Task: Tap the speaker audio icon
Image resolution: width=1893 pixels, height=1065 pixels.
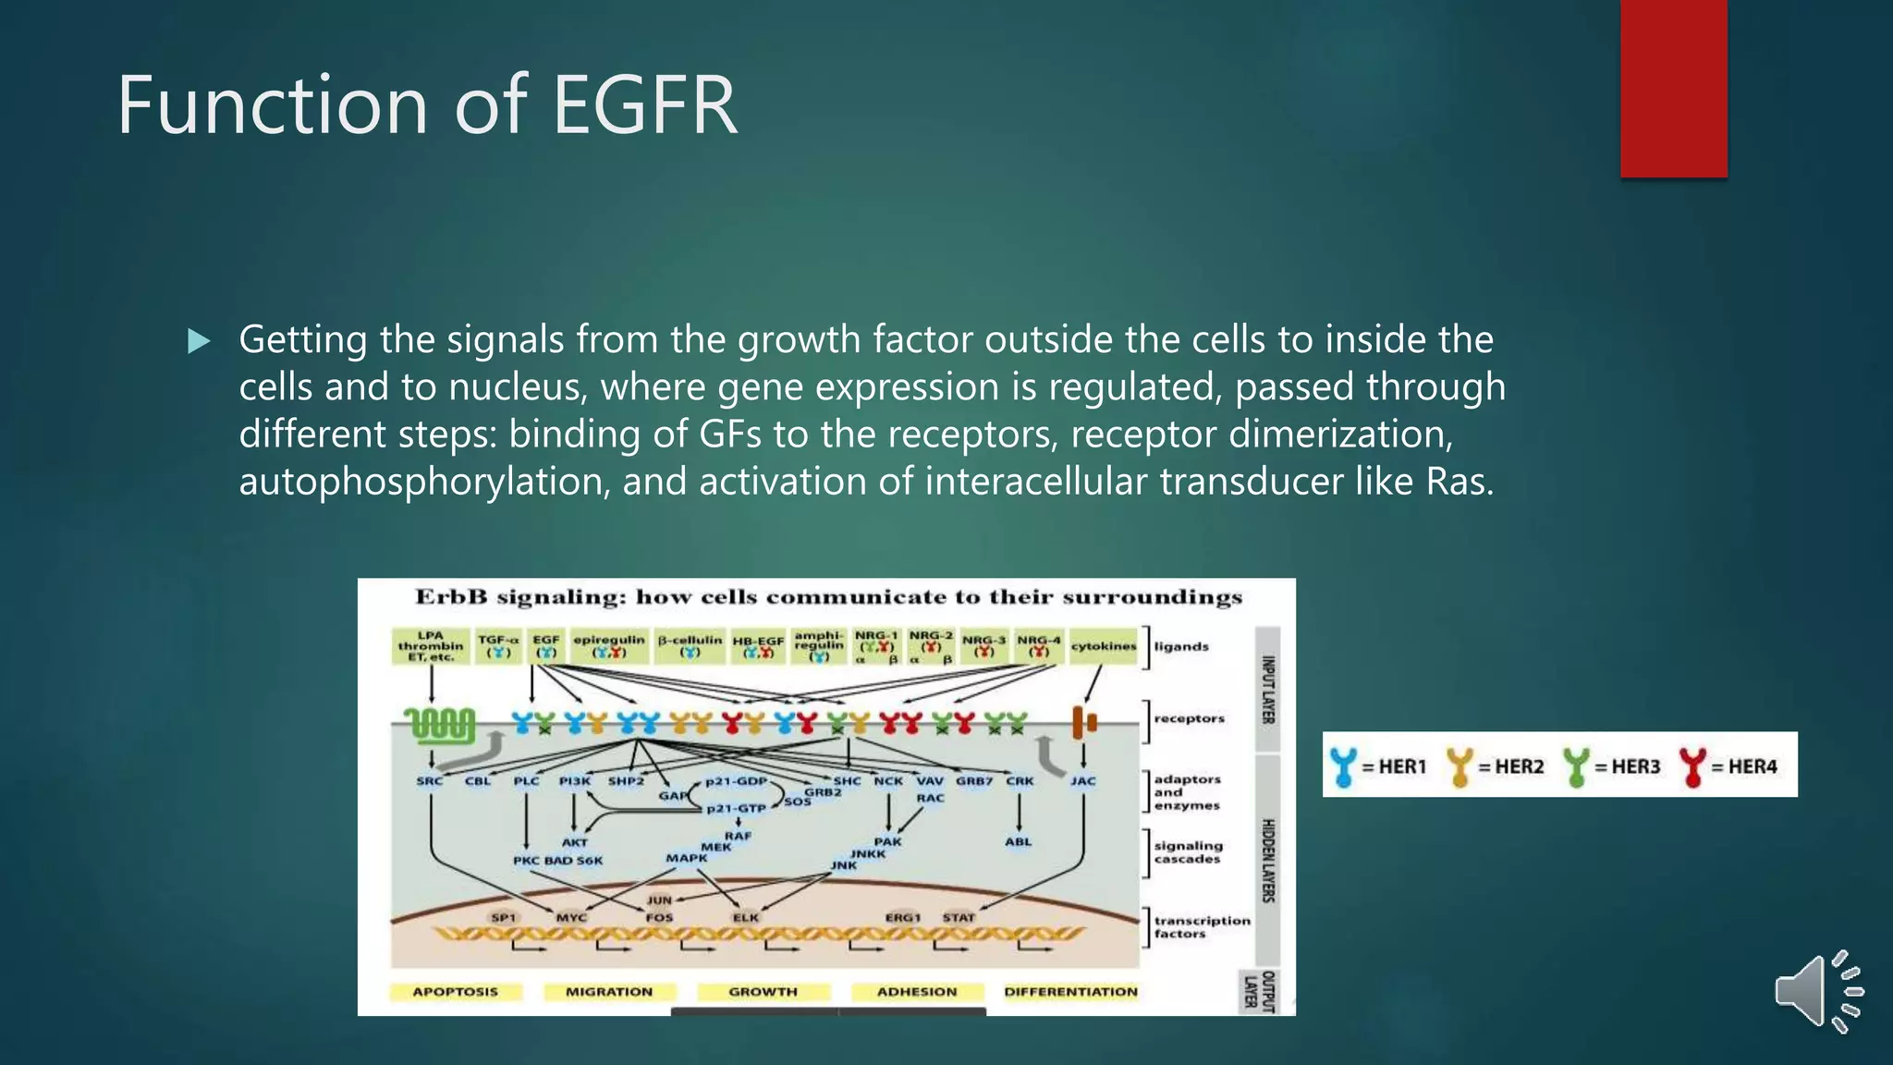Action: pos(1817,991)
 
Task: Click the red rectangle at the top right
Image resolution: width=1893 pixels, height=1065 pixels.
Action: pos(1673,88)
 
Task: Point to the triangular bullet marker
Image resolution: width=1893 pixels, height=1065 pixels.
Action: pos(198,341)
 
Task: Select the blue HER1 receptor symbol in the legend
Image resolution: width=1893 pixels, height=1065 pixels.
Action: pos(1344,766)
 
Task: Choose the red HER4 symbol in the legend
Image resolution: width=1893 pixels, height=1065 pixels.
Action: pos(1692,766)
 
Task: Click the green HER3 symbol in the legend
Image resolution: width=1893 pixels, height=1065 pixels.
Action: pos(1576,766)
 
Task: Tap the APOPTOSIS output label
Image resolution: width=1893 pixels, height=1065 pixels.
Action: pos(455,992)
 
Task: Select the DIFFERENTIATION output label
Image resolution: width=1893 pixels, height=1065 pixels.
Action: pos(1070,992)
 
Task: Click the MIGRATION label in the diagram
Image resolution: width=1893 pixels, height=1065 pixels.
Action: pos(608,992)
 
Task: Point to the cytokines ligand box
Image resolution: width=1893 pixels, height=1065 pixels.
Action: pos(1104,646)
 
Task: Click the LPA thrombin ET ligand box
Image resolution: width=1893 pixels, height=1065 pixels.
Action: pos(431,646)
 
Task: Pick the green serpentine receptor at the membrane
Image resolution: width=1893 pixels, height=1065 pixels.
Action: pos(440,725)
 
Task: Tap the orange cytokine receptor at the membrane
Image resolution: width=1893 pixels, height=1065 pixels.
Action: pos(1083,722)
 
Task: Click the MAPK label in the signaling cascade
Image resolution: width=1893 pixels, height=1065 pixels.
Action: pos(687,858)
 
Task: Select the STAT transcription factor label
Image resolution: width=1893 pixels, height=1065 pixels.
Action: pos(959,917)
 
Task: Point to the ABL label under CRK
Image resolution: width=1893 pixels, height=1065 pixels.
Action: pos(1018,841)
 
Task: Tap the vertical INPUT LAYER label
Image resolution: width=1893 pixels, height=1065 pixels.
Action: pos(1269,689)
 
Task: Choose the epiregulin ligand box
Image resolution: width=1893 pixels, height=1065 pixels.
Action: pos(609,645)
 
